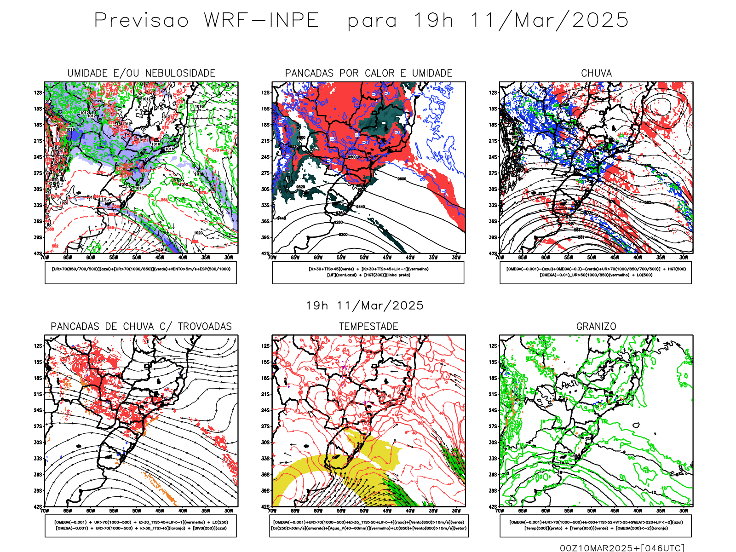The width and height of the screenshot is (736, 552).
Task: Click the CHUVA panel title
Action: click(x=596, y=73)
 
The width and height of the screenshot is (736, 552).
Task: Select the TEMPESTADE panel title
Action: click(x=368, y=327)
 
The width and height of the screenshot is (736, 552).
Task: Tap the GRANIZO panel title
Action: click(x=596, y=327)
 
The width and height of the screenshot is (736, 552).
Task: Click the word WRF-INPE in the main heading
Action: click(x=261, y=21)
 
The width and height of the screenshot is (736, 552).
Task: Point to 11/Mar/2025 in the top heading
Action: click(x=549, y=21)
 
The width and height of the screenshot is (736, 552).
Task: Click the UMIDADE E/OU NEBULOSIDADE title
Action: click(x=141, y=73)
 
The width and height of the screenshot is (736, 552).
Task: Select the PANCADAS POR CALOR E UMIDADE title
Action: click(x=368, y=73)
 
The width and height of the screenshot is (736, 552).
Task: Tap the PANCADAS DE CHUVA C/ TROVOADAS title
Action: click(x=141, y=327)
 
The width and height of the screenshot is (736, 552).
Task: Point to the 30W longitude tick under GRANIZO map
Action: click(x=684, y=511)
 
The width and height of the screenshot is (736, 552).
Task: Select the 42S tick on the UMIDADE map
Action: click(x=38, y=253)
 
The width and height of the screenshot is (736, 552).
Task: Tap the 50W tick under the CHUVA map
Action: click(x=592, y=258)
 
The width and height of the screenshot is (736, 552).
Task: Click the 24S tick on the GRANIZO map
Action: click(x=493, y=410)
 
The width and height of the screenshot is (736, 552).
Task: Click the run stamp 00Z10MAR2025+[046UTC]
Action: click(x=622, y=548)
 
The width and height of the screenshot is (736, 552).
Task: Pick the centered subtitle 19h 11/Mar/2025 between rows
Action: click(x=365, y=305)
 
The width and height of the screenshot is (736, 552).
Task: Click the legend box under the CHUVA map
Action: click(x=596, y=272)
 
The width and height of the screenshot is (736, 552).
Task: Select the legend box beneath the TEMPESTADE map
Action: click(x=369, y=525)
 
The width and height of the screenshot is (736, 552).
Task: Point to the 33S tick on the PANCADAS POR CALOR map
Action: click(x=265, y=205)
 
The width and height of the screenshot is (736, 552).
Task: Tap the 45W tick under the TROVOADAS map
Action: click(x=160, y=511)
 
